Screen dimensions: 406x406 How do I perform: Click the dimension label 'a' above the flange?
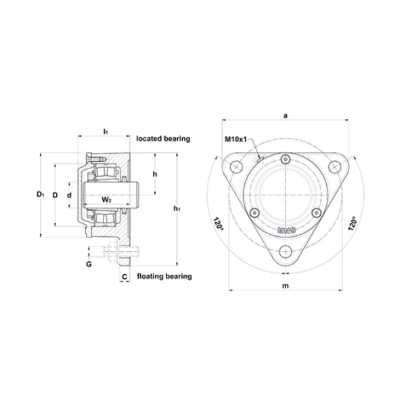[286, 116]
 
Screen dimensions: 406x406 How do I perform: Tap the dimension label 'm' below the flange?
[286, 286]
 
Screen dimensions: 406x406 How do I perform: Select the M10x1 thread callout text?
[235, 139]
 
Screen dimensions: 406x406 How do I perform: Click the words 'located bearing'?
[163, 139]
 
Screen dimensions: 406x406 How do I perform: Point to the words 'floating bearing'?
[164, 276]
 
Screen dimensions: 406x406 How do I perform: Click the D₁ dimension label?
[40, 194]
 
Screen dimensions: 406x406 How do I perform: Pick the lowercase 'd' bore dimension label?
[69, 195]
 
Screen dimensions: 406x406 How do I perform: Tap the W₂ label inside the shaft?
[106, 200]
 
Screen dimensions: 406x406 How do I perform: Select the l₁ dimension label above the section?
[106, 131]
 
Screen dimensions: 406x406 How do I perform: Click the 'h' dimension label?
[155, 175]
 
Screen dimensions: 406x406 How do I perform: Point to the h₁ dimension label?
[177, 208]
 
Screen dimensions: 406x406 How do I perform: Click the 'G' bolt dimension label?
[89, 265]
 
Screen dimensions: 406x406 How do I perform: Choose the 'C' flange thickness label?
[125, 277]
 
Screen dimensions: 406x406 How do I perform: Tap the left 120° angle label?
[218, 224]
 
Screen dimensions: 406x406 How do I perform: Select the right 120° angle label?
[353, 224]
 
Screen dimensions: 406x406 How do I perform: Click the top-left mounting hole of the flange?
[236, 166]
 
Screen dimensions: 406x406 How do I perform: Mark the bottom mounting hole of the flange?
[286, 252]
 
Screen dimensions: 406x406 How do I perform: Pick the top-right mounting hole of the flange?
[334, 166]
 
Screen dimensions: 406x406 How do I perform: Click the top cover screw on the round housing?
[286, 159]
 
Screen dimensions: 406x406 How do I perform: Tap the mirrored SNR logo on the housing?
[286, 230]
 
